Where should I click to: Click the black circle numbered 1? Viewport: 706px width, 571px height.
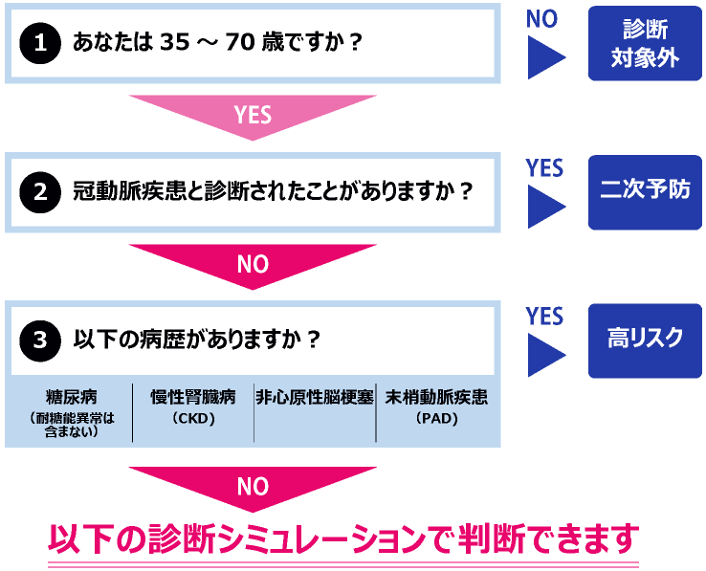click(40, 43)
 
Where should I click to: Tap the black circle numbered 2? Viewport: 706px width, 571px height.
click(40, 192)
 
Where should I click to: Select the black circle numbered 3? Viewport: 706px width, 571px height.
click(40, 340)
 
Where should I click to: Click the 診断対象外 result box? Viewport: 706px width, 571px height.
click(645, 43)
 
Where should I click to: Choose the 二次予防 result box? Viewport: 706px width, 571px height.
click(645, 192)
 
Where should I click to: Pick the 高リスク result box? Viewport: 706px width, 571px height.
click(645, 340)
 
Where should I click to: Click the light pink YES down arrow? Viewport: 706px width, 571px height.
click(253, 117)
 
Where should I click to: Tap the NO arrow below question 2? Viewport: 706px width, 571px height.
click(253, 267)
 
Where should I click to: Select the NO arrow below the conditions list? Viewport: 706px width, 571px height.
click(253, 489)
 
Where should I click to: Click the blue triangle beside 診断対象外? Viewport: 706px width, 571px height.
click(546, 57)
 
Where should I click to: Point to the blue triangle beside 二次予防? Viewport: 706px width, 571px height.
click(546, 207)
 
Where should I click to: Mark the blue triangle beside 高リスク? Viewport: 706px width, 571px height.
click(546, 355)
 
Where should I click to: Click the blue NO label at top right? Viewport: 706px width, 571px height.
click(541, 19)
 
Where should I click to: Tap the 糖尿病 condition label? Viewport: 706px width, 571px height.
click(71, 397)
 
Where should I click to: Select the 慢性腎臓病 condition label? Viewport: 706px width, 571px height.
click(192, 397)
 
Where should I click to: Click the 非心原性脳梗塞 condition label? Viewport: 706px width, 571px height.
click(315, 397)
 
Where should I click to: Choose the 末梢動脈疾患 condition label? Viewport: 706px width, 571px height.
click(436, 397)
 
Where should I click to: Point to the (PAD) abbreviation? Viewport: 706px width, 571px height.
click(436, 419)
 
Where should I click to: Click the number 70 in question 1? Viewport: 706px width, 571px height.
click(240, 42)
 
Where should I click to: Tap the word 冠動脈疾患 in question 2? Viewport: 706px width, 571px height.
click(129, 191)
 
